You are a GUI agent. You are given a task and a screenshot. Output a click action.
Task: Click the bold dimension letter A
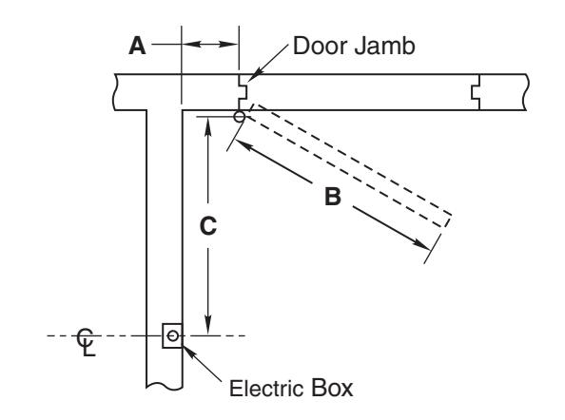click(137, 46)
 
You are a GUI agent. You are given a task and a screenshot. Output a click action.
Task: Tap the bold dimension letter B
click(333, 197)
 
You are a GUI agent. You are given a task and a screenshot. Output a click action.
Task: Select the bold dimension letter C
click(208, 226)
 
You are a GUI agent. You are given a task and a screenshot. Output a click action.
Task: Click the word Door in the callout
click(321, 46)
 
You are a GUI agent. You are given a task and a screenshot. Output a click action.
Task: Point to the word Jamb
click(384, 46)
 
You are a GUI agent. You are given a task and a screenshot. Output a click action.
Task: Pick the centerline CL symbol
click(87, 342)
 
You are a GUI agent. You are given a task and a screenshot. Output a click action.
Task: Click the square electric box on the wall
click(172, 335)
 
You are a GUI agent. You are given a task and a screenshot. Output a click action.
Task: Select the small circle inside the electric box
click(173, 335)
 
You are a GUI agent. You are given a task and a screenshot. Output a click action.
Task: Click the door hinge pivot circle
click(240, 117)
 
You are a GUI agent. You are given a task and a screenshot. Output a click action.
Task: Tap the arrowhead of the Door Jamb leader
click(252, 77)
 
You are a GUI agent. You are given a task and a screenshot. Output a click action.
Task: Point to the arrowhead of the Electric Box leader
click(189, 352)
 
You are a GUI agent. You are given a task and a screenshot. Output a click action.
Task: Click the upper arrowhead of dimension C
click(207, 126)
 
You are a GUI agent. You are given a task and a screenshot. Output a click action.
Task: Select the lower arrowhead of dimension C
click(208, 326)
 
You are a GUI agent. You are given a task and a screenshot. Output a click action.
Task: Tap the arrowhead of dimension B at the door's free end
click(422, 244)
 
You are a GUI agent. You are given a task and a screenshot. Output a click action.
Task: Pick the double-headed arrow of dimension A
click(209, 45)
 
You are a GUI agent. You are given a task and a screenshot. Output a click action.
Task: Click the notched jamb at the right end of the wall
click(476, 92)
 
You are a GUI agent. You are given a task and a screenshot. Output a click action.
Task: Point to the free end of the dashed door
click(447, 220)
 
